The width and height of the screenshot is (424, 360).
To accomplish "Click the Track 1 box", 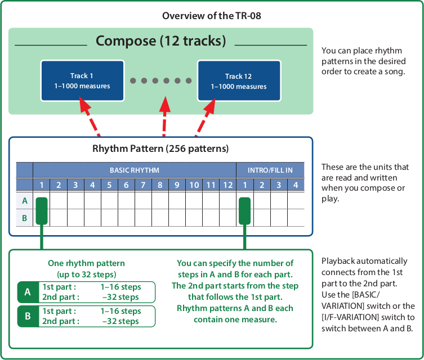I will (82, 81).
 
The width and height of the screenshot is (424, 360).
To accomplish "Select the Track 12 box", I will (239, 81).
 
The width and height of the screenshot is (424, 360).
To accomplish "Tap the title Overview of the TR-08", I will (211, 16).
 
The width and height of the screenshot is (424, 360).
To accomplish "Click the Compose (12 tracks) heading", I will (161, 41).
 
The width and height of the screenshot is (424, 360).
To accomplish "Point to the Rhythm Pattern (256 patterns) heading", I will (160, 149).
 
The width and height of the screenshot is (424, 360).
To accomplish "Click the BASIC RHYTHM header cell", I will (134, 170).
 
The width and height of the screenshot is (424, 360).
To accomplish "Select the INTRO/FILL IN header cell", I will (270, 170).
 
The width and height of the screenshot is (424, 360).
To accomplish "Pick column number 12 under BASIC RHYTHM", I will (227, 184).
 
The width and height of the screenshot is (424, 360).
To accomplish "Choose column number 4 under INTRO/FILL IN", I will (296, 184).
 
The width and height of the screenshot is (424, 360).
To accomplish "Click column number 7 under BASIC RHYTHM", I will (143, 184).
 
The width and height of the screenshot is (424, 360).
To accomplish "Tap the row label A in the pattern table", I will (25, 201).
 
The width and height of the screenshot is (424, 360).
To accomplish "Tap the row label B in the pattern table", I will (25, 217).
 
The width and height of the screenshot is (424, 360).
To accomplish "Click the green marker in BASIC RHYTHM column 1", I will (42, 209).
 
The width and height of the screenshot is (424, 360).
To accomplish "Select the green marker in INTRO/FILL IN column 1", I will (244, 209).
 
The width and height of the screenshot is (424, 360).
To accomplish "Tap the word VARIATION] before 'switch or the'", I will (345, 306).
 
